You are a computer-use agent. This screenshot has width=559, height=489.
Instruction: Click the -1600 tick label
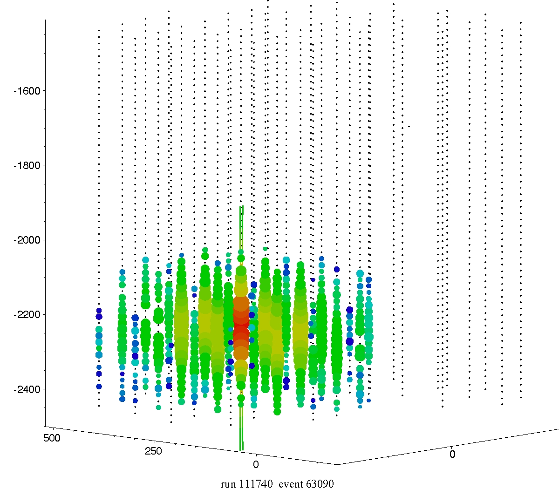27,90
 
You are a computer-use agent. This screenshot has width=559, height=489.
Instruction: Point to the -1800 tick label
27,165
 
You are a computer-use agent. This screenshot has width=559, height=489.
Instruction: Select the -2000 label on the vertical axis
27,240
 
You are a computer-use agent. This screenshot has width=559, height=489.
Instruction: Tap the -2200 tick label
27,315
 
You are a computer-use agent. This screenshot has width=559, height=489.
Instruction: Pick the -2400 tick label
27,389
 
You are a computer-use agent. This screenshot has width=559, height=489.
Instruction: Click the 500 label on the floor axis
52,438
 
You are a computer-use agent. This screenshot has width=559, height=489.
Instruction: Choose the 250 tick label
153,451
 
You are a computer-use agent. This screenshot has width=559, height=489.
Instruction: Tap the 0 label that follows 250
255,465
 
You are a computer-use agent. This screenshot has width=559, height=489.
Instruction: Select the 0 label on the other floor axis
452,454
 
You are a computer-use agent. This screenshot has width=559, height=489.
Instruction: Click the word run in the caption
228,484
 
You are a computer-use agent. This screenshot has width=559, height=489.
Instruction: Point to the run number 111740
256,484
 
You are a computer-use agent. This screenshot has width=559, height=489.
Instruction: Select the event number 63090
320,484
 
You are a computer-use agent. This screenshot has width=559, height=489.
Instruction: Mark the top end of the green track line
241,206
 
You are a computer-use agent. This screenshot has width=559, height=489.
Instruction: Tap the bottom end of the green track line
241,450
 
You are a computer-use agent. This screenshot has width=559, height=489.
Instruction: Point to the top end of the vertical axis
45,20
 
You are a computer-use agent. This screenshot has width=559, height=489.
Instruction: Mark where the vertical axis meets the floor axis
45,426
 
